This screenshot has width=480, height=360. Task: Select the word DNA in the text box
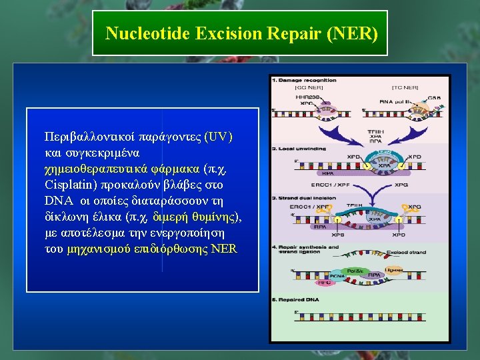pos(57,201)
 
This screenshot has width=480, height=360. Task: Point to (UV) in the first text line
pos(219,137)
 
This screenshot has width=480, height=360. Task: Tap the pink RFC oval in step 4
pos(325,283)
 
